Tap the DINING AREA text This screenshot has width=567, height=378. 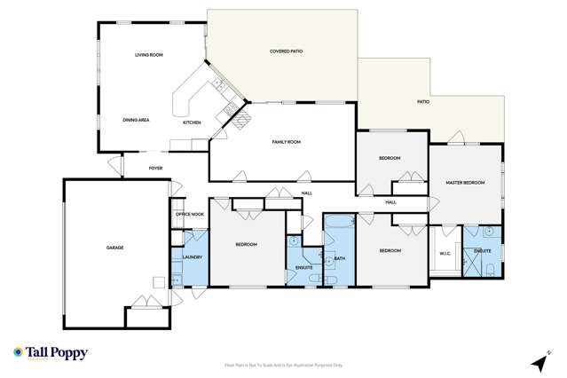(x=135, y=119)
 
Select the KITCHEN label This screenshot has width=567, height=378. (x=192, y=122)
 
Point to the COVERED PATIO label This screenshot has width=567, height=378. (x=286, y=51)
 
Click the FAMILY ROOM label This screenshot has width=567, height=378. (x=286, y=142)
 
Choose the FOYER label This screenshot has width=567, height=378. (x=155, y=167)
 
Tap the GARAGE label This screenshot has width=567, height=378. (x=114, y=248)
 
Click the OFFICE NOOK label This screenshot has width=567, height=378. (x=189, y=214)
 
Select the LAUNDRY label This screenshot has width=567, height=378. (x=193, y=257)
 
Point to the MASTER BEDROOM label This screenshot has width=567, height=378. (x=465, y=183)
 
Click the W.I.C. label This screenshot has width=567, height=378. (x=445, y=253)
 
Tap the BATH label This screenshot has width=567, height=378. (x=340, y=259)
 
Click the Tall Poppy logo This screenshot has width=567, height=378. (x=51, y=353)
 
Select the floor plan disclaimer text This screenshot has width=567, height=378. (x=283, y=365)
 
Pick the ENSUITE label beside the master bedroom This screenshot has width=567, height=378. (x=483, y=252)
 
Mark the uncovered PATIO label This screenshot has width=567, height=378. (x=423, y=102)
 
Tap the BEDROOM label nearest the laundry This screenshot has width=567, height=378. (x=246, y=244)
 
